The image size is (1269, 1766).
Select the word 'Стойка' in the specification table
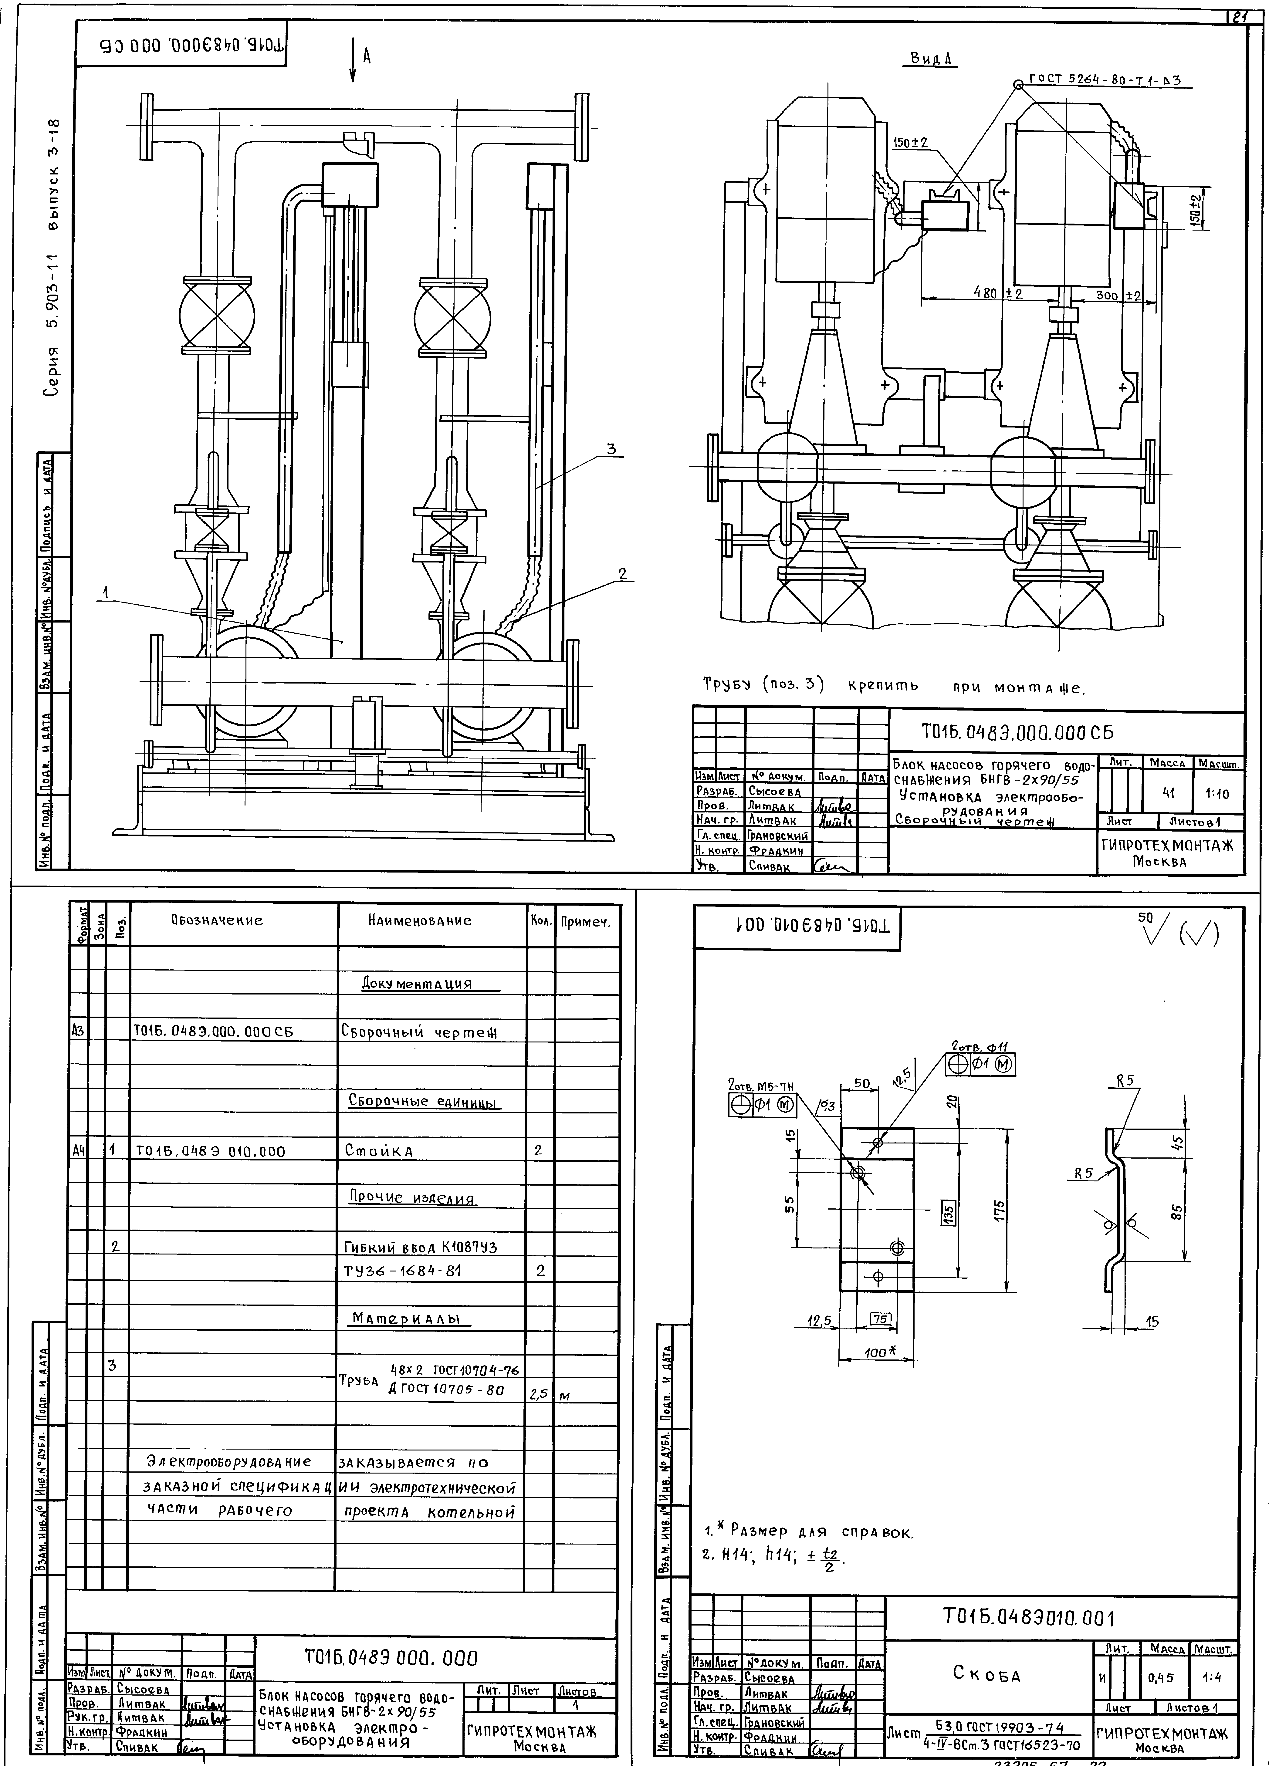(378, 1150)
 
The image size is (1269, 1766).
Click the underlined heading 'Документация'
(417, 983)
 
